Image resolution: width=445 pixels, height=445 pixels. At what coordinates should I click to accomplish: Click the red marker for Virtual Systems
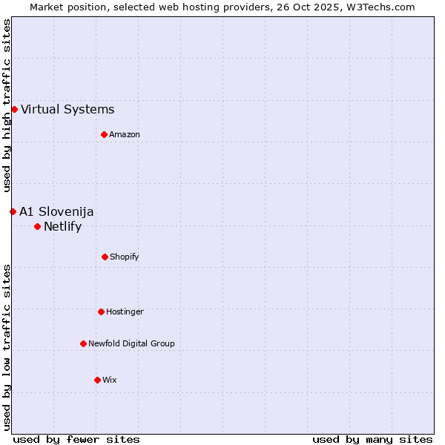[14, 110]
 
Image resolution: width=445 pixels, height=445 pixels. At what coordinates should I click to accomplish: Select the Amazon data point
[104, 134]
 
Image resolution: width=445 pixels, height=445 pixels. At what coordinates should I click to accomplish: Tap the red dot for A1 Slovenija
[13, 211]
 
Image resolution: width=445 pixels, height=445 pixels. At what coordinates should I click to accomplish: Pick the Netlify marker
[37, 226]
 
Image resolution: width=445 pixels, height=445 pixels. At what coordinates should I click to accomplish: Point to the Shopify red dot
[105, 257]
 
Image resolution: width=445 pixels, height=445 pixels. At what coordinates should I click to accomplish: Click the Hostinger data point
[101, 311]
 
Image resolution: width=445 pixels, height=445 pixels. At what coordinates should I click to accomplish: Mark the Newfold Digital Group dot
[83, 343]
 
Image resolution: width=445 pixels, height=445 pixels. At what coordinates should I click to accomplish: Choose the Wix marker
[97, 380]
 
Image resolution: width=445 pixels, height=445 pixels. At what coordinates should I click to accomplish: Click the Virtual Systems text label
[67, 110]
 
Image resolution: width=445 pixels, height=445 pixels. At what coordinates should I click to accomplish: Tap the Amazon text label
[125, 134]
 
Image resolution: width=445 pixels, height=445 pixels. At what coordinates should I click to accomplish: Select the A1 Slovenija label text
[56, 211]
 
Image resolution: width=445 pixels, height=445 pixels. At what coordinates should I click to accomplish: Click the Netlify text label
[62, 226]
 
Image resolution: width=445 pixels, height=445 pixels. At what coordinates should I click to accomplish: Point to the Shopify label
[125, 257]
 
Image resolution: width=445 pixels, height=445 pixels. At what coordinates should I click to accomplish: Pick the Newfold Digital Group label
[131, 343]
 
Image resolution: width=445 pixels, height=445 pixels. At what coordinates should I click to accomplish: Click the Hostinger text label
[125, 311]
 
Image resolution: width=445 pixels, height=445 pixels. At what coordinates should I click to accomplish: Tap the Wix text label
[110, 380]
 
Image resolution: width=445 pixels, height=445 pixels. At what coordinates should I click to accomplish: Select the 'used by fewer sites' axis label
[76, 439]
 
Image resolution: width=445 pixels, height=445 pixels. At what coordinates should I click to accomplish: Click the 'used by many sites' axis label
[372, 439]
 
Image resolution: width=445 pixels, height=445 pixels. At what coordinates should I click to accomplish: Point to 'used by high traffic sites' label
[7, 105]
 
